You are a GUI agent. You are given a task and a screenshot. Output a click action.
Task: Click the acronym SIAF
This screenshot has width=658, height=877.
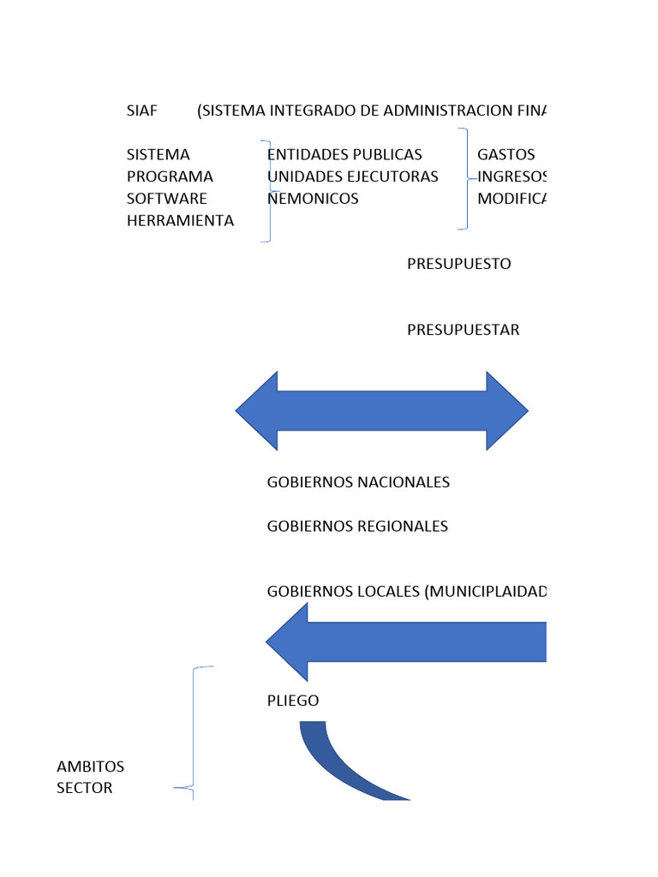pyautogui.click(x=141, y=111)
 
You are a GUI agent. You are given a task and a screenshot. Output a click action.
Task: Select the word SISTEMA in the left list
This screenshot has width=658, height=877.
pyautogui.click(x=158, y=155)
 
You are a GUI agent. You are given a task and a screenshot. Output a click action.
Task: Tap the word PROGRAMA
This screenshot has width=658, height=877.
pyautogui.click(x=169, y=176)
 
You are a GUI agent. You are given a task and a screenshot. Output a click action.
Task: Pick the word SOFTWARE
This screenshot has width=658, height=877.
pyautogui.click(x=166, y=199)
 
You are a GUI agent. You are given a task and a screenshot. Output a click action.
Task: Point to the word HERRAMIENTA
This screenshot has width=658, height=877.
pyautogui.click(x=180, y=220)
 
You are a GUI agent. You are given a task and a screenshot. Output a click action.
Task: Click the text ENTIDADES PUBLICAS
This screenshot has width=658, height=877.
pyautogui.click(x=345, y=155)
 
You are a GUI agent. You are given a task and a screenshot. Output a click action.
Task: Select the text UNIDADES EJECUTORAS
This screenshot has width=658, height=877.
pyautogui.click(x=353, y=176)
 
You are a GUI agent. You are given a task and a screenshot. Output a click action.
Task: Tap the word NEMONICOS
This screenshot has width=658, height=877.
pyautogui.click(x=314, y=199)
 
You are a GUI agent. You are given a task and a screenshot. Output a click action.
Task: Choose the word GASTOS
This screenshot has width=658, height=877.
pyautogui.click(x=505, y=155)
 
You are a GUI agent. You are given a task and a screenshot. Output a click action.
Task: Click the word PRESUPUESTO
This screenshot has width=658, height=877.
pyautogui.click(x=458, y=264)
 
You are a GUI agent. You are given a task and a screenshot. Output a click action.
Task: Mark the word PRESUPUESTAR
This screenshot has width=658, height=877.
pyautogui.click(x=463, y=330)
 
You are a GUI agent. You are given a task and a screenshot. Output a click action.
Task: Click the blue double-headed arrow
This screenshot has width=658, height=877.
pyautogui.click(x=381, y=411)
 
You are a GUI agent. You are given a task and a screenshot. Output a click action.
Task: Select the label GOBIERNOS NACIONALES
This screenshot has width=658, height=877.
pyautogui.click(x=358, y=482)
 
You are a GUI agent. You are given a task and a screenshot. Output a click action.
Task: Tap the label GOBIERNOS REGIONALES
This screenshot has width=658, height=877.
pyautogui.click(x=357, y=526)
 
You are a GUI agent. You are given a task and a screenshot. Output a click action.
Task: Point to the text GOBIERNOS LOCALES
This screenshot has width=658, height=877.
pyautogui.click(x=343, y=592)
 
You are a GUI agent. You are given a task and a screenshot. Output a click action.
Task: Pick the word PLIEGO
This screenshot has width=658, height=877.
pyautogui.click(x=293, y=701)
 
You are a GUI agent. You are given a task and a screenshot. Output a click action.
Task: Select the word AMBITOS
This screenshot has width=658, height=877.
pyautogui.click(x=90, y=766)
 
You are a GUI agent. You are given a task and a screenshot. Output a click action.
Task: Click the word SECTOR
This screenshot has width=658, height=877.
pyautogui.click(x=84, y=788)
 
